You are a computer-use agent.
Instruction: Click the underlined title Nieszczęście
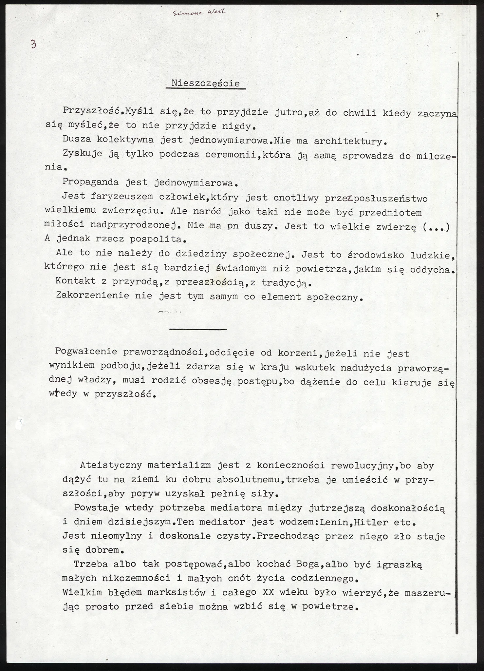pyautogui.click(x=206, y=83)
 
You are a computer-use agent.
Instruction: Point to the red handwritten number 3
pyautogui.click(x=33, y=44)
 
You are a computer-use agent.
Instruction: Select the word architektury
pyautogui.click(x=348, y=142)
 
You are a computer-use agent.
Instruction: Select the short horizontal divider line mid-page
pyautogui.click(x=198, y=329)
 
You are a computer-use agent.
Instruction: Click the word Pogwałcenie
pyautogui.click(x=86, y=352)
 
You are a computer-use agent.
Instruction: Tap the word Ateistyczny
pyautogui.click(x=111, y=465)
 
